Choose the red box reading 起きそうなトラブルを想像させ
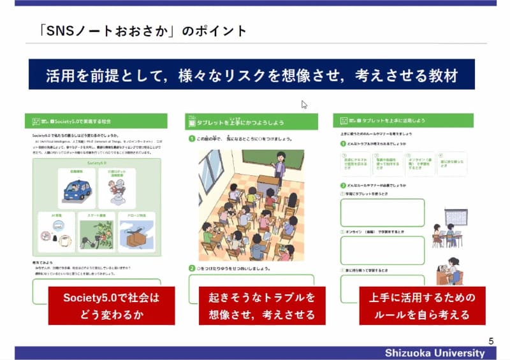pyautogui.click(x=261, y=306)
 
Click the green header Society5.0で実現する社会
pyautogui.click(x=96, y=120)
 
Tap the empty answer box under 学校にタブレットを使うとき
pyautogui.click(x=382, y=213)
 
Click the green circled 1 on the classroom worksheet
pyautogui.click(x=191, y=139)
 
